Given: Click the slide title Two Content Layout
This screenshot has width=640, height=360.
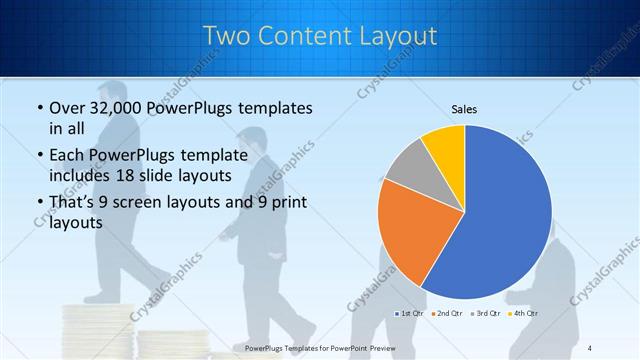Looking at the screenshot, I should click(x=319, y=36).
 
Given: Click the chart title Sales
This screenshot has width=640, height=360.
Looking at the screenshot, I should click(x=464, y=107).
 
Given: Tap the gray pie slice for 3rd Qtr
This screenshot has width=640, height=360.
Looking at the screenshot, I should click(x=409, y=167).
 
